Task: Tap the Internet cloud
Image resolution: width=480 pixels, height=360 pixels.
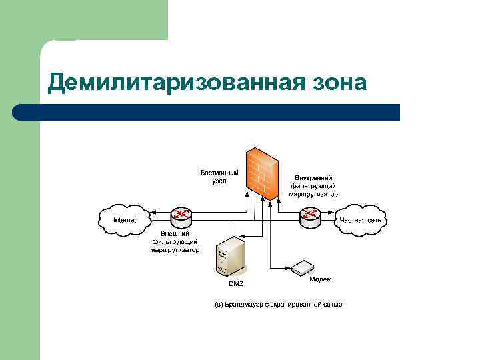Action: click(x=125, y=219)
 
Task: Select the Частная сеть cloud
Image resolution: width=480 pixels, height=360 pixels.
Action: click(x=361, y=219)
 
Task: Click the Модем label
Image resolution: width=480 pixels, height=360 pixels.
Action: click(x=320, y=279)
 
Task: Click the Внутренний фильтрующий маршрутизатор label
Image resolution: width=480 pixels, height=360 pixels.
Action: click(x=313, y=186)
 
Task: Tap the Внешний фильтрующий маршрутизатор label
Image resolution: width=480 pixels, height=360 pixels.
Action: click(x=175, y=242)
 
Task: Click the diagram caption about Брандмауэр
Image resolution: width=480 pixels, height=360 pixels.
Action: click(x=278, y=305)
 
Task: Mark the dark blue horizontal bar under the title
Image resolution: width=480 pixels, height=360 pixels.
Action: click(x=206, y=112)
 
